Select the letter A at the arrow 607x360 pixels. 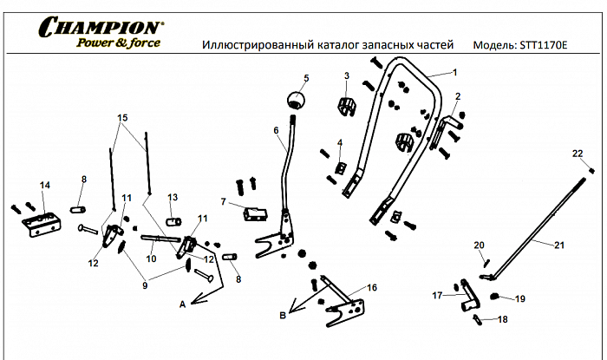(182, 304)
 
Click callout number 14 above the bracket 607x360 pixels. (45, 185)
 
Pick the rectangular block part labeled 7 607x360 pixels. (256, 213)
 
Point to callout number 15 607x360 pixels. (121, 117)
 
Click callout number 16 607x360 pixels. (371, 286)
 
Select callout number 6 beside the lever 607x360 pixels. (276, 131)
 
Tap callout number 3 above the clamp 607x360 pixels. (346, 76)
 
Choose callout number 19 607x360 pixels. (520, 299)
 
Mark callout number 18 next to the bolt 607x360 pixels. (502, 320)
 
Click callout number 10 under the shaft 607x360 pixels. (151, 259)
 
